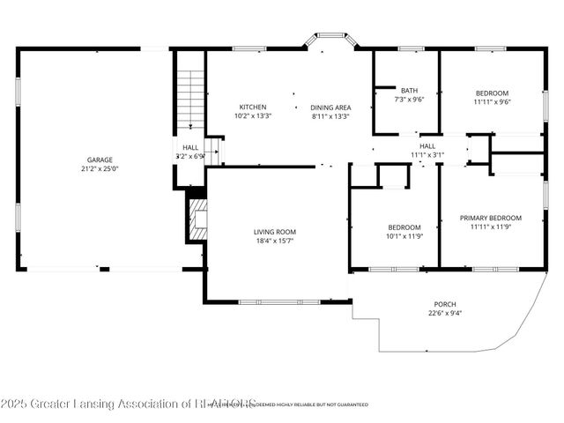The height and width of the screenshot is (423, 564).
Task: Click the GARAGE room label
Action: click(x=93, y=160)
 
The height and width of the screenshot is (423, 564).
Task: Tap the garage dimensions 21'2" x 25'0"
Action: click(x=93, y=169)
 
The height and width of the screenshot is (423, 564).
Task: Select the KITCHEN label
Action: click(x=253, y=107)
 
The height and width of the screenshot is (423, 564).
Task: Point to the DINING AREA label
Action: click(x=330, y=107)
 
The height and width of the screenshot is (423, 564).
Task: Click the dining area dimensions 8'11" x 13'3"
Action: click(x=330, y=115)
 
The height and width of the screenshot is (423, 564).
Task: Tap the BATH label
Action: click(x=409, y=90)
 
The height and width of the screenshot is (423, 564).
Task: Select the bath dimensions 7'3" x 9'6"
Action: click(x=409, y=100)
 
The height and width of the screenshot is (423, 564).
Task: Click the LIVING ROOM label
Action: click(x=275, y=232)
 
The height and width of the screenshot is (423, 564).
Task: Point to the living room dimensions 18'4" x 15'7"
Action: click(x=275, y=241)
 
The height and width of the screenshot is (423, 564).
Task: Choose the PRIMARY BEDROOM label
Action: click(x=491, y=218)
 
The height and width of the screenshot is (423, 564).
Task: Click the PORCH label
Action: click(x=445, y=303)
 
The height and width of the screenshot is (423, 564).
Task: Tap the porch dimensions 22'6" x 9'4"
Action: click(x=445, y=313)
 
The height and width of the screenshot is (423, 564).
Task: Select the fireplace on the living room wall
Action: click(x=197, y=217)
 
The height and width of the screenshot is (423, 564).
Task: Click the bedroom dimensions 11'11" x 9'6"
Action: click(x=492, y=101)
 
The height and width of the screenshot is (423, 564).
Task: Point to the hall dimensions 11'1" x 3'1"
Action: click(x=427, y=155)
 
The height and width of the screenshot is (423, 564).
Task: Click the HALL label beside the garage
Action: click(x=190, y=147)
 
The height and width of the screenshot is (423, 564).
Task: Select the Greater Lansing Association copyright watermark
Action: click(x=128, y=404)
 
